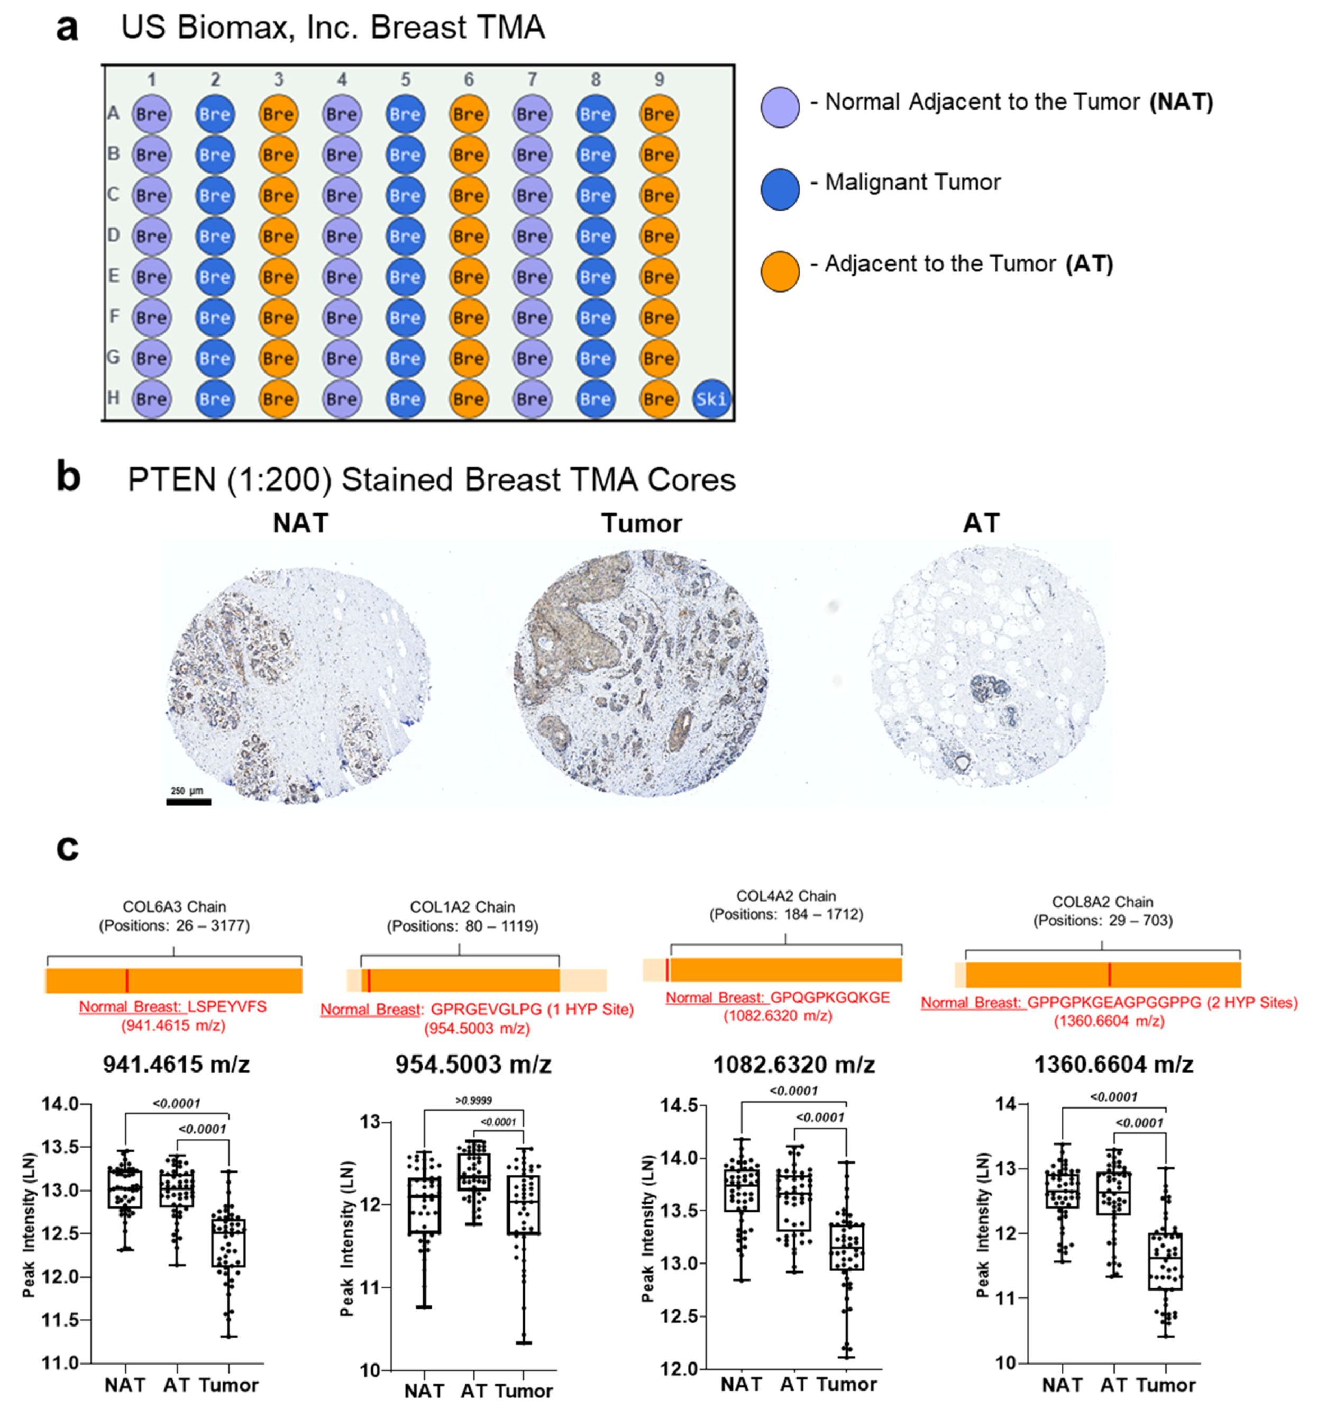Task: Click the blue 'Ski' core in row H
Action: tap(711, 399)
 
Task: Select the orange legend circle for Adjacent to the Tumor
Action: tap(780, 271)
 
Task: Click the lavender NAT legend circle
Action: tap(780, 107)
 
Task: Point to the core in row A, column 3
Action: tap(278, 114)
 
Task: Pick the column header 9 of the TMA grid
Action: tap(658, 79)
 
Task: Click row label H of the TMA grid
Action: tap(113, 398)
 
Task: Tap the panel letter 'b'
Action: tap(68, 478)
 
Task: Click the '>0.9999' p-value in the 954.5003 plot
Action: tap(474, 1101)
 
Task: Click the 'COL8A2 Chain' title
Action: tap(1102, 902)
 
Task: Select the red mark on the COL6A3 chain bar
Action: tap(127, 981)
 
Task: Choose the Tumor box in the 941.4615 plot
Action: tap(228, 1242)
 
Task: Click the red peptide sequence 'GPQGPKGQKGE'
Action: tap(829, 998)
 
